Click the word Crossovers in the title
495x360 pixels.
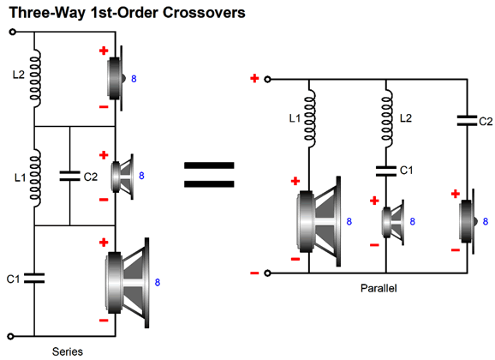click(x=204, y=13)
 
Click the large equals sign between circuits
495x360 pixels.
click(x=209, y=174)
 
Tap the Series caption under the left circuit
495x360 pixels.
click(x=68, y=351)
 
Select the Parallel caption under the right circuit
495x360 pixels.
click(x=379, y=288)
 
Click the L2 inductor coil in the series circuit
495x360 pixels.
click(x=35, y=78)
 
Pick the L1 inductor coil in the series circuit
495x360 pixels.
click(x=35, y=178)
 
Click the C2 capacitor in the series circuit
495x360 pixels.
click(x=69, y=176)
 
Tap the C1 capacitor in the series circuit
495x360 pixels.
click(x=34, y=278)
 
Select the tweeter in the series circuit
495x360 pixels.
click(x=116, y=78)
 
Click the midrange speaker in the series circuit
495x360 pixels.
click(x=122, y=177)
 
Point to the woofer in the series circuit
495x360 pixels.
click(x=128, y=283)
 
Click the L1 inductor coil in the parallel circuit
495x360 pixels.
click(x=310, y=118)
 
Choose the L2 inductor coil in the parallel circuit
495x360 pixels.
click(x=387, y=118)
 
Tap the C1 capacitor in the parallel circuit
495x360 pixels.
click(x=385, y=171)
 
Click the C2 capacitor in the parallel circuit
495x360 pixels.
click(x=468, y=121)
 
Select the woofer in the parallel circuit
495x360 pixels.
click(x=319, y=221)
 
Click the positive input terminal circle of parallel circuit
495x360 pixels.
click(x=267, y=80)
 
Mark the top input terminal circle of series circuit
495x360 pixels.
click(x=12, y=32)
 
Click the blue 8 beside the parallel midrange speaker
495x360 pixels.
click(x=412, y=221)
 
